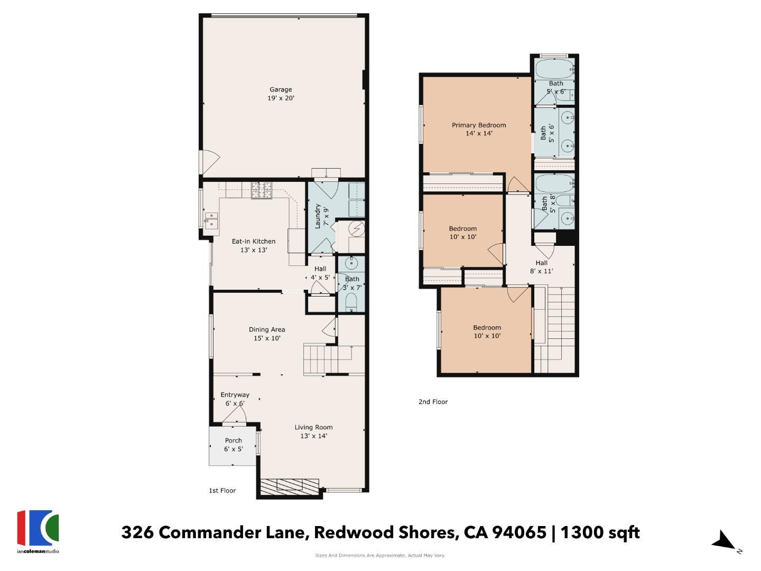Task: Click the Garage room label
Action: (281, 94)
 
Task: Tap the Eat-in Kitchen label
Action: (254, 245)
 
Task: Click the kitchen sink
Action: (211, 220)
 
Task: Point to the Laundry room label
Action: (321, 216)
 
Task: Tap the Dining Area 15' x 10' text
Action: (267, 334)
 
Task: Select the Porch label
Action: (233, 445)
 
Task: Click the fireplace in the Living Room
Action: (290, 486)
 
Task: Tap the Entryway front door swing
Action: (234, 417)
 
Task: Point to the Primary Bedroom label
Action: (479, 129)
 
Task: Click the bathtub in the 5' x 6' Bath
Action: (554, 69)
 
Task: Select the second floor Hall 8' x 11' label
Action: (541, 266)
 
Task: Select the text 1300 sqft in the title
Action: (600, 532)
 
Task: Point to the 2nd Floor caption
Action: (433, 402)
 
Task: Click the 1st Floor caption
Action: (222, 491)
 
